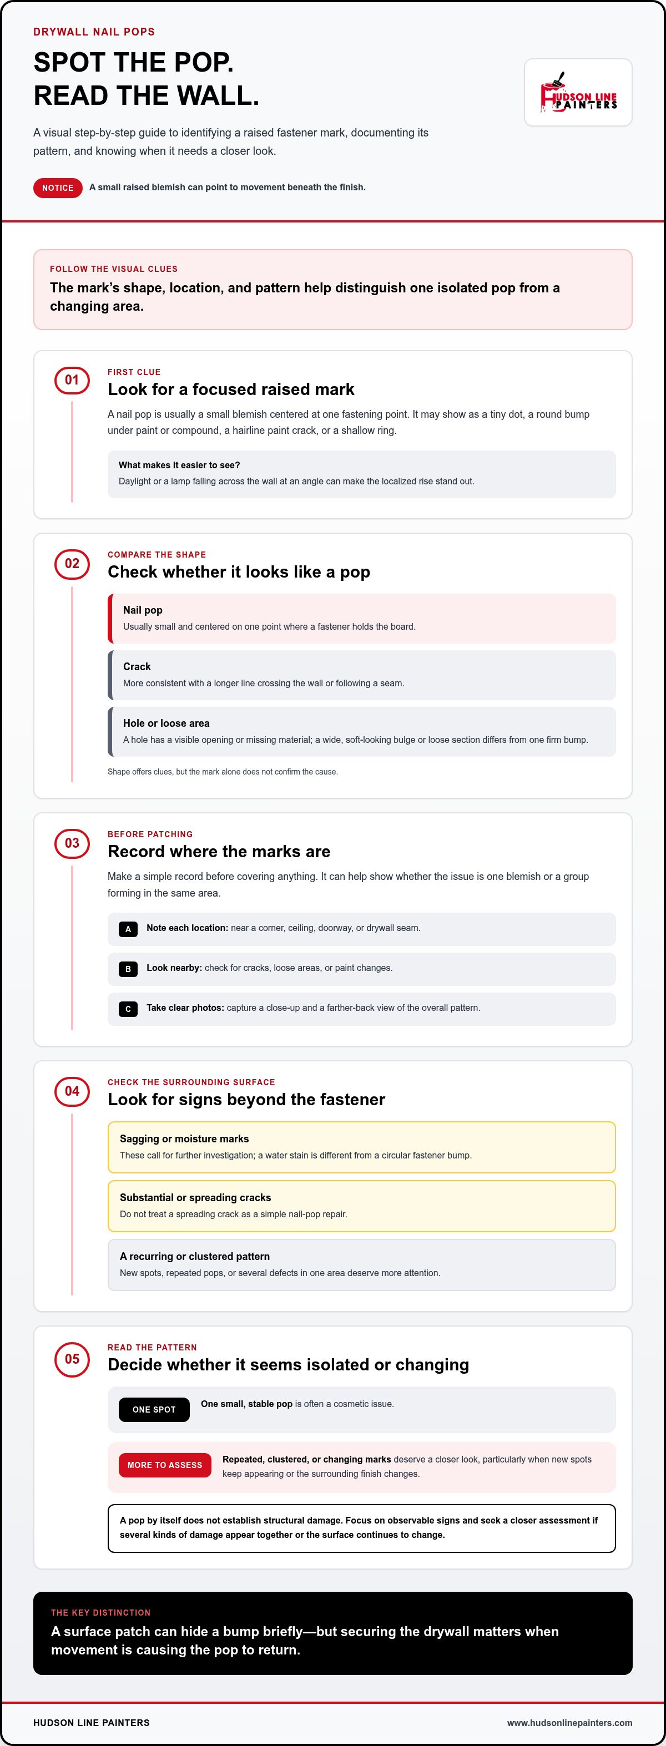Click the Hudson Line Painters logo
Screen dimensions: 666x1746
578,92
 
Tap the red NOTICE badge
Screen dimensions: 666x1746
58,188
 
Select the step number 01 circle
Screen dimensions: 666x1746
72,380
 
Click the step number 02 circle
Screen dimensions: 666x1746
72,563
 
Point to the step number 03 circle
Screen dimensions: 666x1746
72,843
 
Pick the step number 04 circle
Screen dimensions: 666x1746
72,1091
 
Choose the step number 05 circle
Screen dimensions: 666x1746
72,1359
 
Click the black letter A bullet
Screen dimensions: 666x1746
128,929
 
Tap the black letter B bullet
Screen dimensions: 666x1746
128,969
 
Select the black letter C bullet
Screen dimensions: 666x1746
128,1009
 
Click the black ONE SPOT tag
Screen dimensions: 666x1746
154,1409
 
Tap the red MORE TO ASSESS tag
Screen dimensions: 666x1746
165,1465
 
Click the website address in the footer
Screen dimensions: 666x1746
569,1722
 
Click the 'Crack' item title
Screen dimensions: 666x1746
137,666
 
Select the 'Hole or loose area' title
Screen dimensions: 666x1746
166,723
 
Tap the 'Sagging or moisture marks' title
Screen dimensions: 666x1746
184,1138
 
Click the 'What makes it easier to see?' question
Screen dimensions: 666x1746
180,465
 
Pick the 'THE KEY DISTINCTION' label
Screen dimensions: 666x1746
101,1612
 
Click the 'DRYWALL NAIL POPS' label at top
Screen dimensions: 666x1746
94,32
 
